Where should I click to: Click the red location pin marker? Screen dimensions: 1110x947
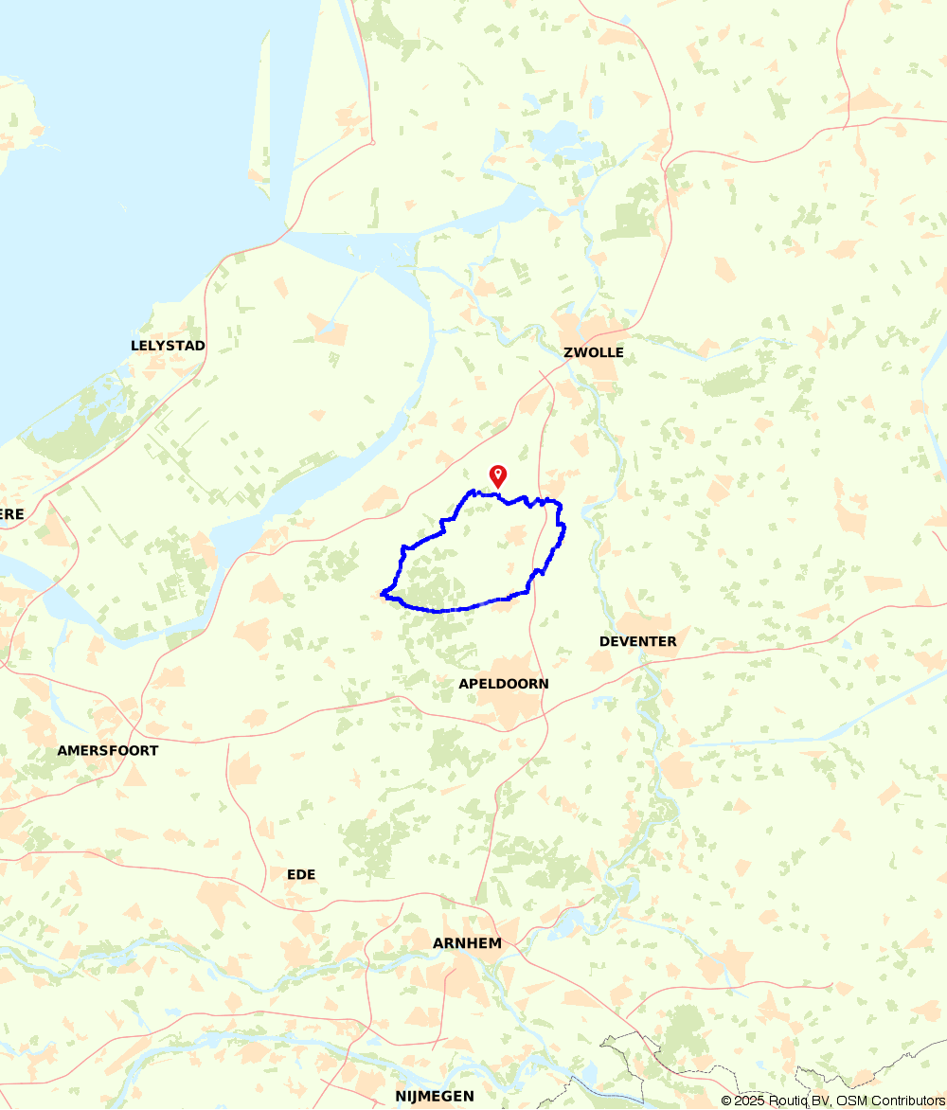[497, 475]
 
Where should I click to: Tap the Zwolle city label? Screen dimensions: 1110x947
[594, 352]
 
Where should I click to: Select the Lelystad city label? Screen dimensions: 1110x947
[168, 346]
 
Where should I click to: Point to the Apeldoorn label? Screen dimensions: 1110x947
[503, 684]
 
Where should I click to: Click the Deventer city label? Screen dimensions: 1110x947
[638, 641]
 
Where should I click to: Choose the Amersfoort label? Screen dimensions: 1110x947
[108, 750]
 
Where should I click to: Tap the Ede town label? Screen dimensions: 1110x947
[301, 874]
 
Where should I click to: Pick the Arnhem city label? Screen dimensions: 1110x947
[467, 943]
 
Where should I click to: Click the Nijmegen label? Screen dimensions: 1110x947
[435, 1096]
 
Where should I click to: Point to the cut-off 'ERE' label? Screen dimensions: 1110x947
[11, 514]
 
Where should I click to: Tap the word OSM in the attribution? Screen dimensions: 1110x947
[851, 1101]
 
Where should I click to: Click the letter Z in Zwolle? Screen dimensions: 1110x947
[568, 352]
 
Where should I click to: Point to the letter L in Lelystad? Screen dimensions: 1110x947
[135, 346]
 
